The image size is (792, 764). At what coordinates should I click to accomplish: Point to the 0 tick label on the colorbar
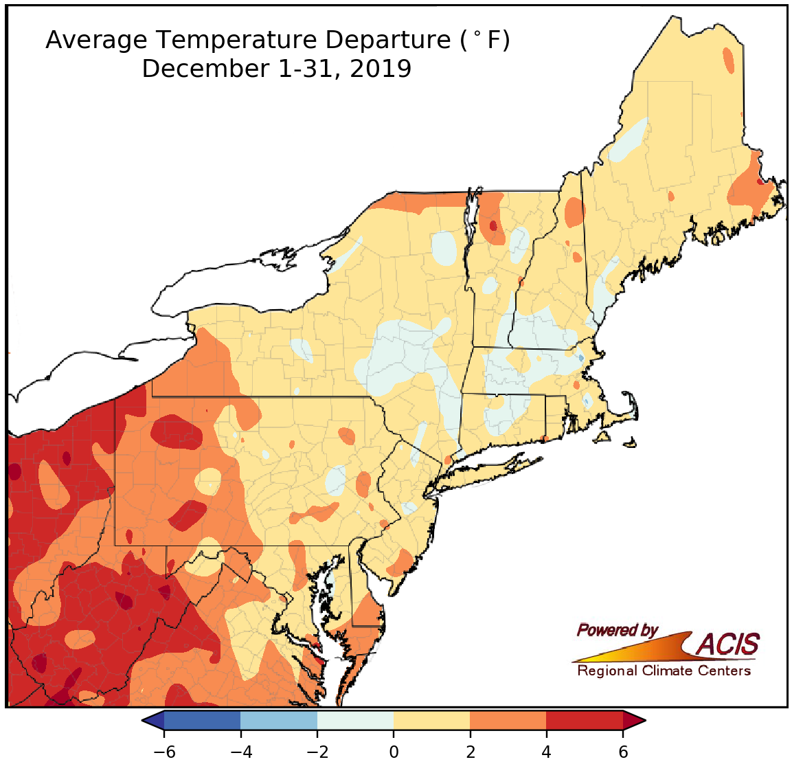tap(394, 752)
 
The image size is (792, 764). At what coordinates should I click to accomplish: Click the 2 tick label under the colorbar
tap(470, 752)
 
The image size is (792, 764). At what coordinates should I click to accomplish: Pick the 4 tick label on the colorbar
tap(546, 752)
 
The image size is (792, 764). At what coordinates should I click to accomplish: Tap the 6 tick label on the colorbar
tap(623, 752)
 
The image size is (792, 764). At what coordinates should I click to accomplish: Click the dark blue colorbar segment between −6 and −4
tap(202, 720)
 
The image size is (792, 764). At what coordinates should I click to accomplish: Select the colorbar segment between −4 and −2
tap(279, 720)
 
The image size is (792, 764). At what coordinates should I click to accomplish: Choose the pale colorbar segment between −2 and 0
tap(355, 720)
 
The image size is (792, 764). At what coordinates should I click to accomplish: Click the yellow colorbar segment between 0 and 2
tap(431, 720)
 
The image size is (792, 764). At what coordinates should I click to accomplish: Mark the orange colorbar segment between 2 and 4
tap(508, 720)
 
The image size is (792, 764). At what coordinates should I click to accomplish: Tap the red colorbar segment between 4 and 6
tap(585, 720)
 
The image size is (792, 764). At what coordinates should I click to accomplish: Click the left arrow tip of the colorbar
tap(146, 720)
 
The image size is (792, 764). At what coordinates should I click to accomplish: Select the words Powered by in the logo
tap(618, 630)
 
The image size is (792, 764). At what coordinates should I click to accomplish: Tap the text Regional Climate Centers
tap(664, 671)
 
